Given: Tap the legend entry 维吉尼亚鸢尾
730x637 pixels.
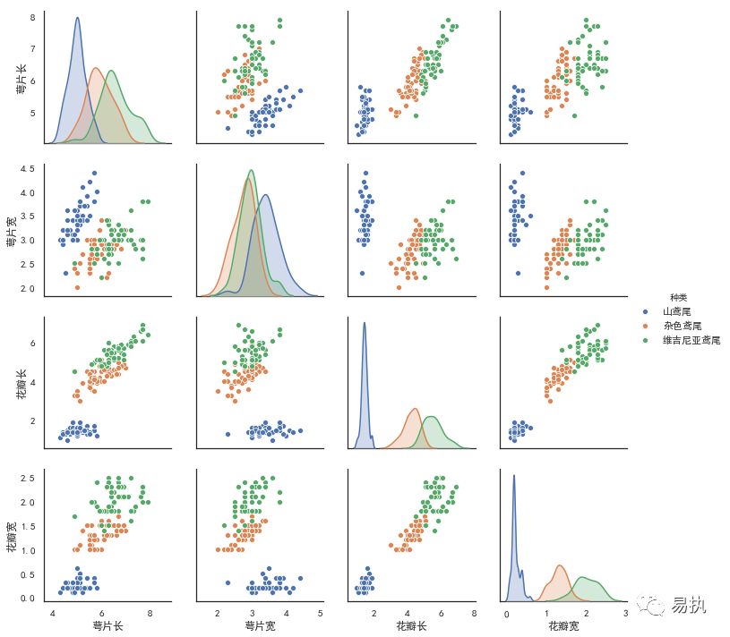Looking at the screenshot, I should pyautogui.click(x=691, y=341).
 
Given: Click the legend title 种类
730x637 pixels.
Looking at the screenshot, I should pyautogui.click(x=678, y=297).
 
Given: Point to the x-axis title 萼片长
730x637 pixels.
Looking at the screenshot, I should pyautogui.click(x=108, y=625).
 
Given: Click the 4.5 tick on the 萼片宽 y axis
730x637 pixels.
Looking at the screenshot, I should pyautogui.click(x=27, y=169).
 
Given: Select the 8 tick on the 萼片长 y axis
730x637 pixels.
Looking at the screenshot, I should pyautogui.click(x=32, y=18).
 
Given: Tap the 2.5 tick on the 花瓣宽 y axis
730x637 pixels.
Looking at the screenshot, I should pyautogui.click(x=27, y=478).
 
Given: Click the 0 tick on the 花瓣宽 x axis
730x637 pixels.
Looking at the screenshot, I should pyautogui.click(x=507, y=613).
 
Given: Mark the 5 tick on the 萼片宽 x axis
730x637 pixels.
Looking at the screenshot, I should pyautogui.click(x=320, y=613).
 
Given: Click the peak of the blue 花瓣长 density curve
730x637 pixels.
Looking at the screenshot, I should pyautogui.click(x=364, y=324).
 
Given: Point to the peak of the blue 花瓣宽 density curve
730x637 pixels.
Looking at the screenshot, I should pyautogui.click(x=514, y=476).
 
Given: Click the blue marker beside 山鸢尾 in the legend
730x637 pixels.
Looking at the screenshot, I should pyautogui.click(x=644, y=311).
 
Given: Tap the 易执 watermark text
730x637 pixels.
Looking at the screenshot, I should pyautogui.click(x=691, y=606).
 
